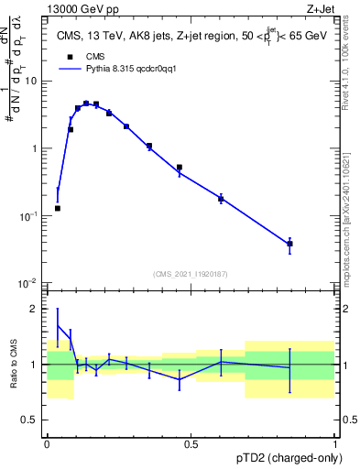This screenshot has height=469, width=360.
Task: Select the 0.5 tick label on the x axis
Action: click(x=191, y=443)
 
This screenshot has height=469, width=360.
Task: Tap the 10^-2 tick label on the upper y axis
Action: click(x=29, y=283)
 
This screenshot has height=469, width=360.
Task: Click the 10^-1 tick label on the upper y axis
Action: click(x=29, y=215)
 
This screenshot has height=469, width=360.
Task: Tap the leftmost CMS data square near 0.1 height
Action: click(x=58, y=208)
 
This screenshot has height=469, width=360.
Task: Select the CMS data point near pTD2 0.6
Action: click(x=221, y=198)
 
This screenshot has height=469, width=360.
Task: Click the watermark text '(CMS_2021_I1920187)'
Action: click(x=191, y=273)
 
